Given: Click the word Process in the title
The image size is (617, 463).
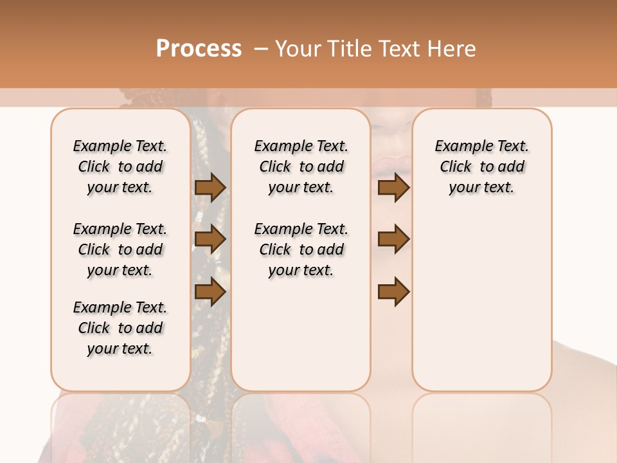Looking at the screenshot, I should click(199, 49).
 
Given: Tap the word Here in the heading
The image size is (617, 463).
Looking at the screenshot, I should click(451, 49).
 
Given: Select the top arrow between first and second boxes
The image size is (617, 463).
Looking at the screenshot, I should click(210, 188).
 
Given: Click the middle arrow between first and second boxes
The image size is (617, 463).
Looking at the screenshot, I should click(210, 239).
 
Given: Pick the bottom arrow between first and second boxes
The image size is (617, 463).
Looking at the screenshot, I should click(210, 292).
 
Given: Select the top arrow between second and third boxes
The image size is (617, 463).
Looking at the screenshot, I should click(393, 188).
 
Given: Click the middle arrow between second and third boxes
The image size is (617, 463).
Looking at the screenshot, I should click(393, 239).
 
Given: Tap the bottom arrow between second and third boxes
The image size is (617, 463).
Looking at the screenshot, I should click(393, 292).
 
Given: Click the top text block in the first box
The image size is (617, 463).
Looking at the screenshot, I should click(120, 167).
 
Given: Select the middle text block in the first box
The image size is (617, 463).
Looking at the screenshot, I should click(120, 250).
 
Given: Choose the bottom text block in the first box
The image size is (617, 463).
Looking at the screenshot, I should click(120, 328).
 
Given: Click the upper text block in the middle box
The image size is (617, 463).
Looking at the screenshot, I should click(301, 167).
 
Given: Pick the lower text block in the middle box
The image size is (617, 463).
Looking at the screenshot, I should click(301, 250).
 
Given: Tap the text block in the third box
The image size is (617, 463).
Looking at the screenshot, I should click(481, 167).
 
